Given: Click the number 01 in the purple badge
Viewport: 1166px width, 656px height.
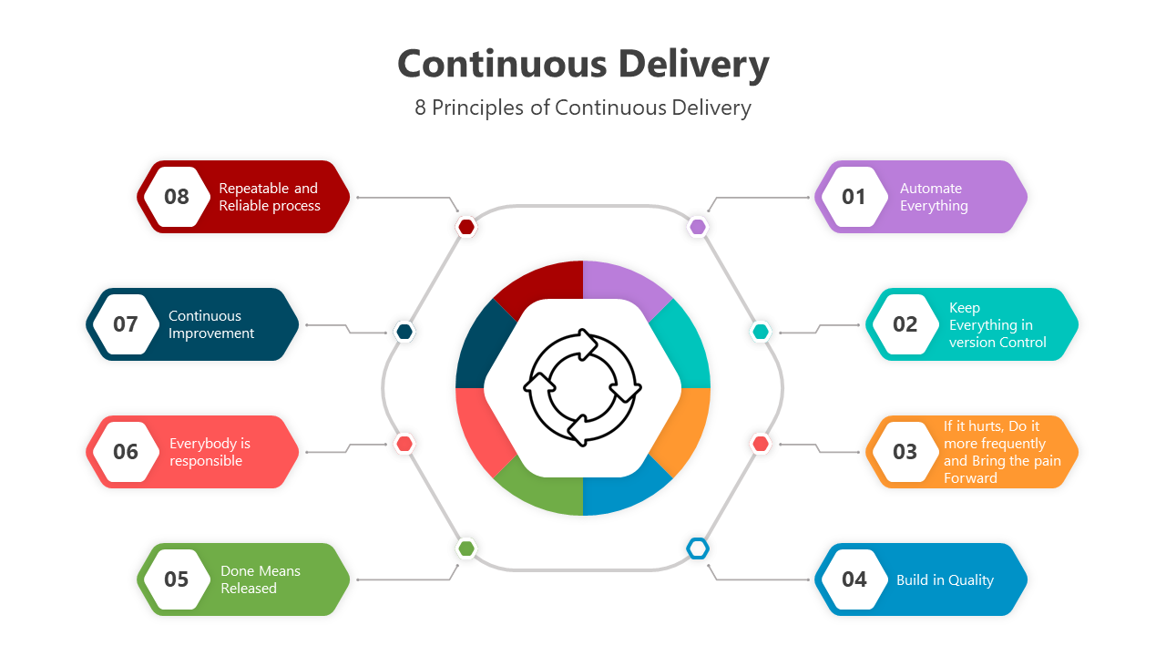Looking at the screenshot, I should point(854,197).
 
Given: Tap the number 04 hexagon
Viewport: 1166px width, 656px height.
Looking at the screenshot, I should point(854,579).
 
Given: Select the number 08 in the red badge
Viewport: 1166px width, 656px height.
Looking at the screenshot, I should point(177,197).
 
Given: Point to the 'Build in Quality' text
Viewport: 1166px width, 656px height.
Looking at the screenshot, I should point(945,579).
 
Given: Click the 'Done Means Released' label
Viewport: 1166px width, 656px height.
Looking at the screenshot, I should point(260,579).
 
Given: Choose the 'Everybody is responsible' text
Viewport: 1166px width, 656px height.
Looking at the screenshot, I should point(210,452).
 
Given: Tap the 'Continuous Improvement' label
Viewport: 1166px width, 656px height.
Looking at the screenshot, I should point(210,324).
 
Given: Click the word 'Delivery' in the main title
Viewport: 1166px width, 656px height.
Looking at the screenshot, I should point(693,64).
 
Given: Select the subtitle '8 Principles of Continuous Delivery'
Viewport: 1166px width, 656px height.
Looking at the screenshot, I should point(583,108).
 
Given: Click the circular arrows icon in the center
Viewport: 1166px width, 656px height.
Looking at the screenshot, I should point(583,388).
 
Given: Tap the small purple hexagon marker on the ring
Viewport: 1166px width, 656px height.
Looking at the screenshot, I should point(698,227).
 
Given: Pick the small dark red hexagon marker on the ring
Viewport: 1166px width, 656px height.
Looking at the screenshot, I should point(466,227).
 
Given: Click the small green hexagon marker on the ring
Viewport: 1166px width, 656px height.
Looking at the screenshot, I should point(466,548).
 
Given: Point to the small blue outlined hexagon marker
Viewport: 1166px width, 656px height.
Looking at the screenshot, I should point(698,548).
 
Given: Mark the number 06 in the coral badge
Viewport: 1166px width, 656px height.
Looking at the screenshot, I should point(126,452).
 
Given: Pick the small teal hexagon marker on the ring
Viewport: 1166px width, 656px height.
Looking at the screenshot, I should point(761,331).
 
